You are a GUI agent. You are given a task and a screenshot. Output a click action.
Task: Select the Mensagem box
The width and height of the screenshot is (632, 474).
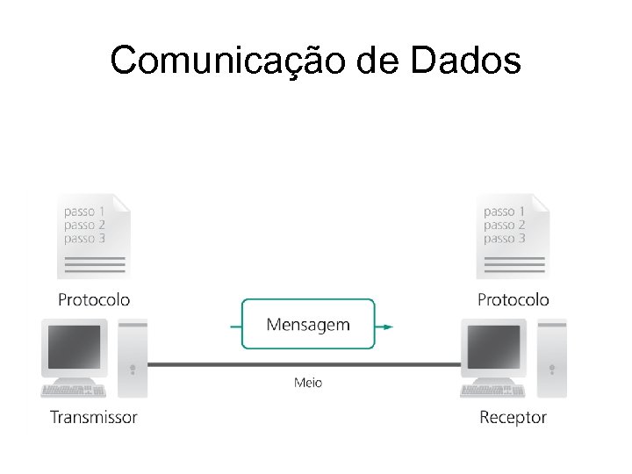coord(308,325)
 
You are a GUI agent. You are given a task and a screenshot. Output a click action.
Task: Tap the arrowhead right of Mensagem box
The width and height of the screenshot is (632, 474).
coord(387,327)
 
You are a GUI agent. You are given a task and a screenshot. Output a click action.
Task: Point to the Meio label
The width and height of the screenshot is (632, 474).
coord(307,382)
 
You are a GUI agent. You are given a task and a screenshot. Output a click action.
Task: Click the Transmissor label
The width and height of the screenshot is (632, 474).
coord(94,417)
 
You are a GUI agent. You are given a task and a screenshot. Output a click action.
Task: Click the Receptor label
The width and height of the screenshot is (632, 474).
coord(513,417)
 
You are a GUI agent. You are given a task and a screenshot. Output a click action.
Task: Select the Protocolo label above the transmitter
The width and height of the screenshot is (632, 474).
coord(94,299)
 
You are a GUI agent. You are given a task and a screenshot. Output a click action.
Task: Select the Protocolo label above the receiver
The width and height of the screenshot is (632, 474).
coord(513,299)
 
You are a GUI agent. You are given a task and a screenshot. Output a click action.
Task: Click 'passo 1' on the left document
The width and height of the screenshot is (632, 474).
coord(85,212)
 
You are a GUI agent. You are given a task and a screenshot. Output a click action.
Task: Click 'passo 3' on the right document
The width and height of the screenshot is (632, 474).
coord(505,239)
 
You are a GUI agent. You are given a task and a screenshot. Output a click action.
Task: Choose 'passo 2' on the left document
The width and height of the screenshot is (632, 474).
coord(85,226)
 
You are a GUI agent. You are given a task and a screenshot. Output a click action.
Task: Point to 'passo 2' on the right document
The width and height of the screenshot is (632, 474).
coord(505,226)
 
